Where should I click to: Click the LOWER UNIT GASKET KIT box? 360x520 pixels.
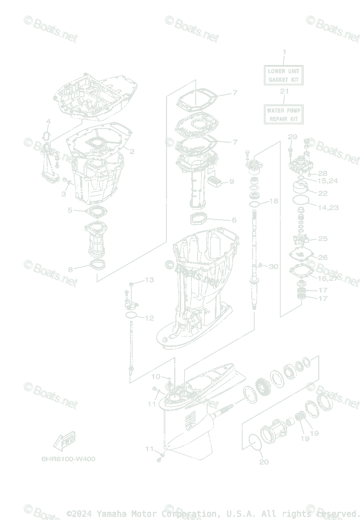tap(283, 75)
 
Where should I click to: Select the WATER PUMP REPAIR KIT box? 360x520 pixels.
tap(283, 114)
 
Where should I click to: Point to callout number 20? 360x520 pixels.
tap(264, 462)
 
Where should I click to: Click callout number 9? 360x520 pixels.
tap(231, 182)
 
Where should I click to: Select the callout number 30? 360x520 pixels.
tap(273, 266)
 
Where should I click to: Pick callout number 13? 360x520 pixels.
tap(149, 280)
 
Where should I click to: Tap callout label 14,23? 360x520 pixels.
tap(328, 208)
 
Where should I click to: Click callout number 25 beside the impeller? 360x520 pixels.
tap(323, 239)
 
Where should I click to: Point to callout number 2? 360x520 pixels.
tap(132, 152)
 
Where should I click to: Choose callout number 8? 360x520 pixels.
tap(71, 270)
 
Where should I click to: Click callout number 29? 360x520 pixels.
tap(292, 137)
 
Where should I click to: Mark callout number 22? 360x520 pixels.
tap(323, 193)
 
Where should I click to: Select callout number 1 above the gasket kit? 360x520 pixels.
tap(284, 52)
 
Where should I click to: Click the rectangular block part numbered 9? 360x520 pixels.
tap(214, 181)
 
